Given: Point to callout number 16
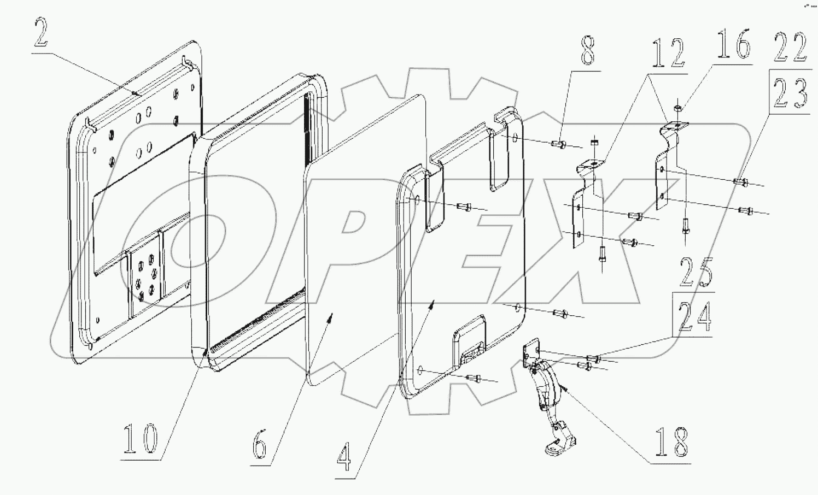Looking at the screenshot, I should click(734, 45).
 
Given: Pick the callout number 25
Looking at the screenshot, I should click(696, 273).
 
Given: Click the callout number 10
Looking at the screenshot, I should click(139, 439).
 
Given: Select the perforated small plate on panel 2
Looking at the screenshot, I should click(145, 276).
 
